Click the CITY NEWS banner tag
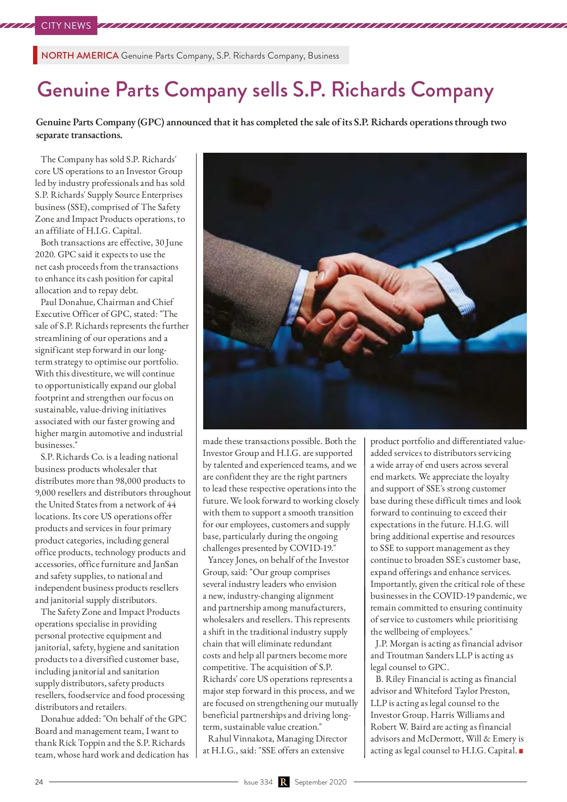[66, 26]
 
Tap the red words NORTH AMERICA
[79, 55]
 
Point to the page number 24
[39, 782]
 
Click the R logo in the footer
[283, 782]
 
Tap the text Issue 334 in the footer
[258, 782]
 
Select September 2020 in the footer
[320, 782]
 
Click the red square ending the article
[521, 751]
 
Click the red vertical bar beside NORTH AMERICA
[35, 55]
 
